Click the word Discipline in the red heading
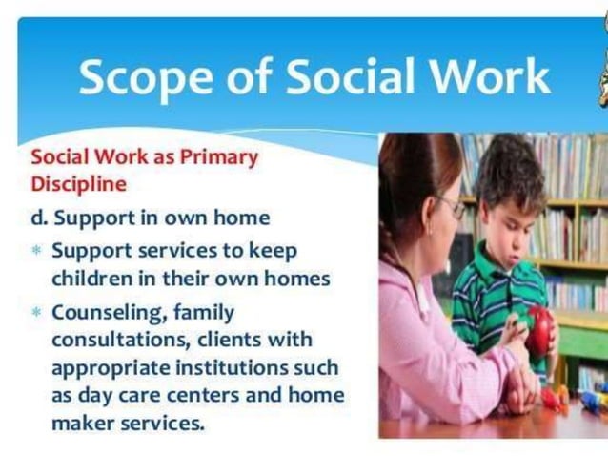tap(79, 182)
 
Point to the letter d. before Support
tap(39, 218)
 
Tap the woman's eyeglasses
tap(451, 207)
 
